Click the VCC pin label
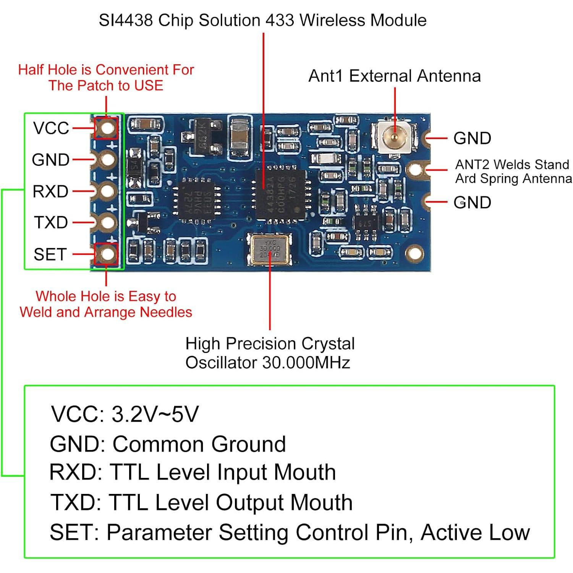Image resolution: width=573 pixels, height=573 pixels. [x=51, y=128]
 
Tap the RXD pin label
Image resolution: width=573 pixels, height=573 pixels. [x=50, y=191]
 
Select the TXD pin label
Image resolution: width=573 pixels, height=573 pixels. [x=51, y=222]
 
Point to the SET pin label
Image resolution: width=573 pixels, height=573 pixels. [x=50, y=254]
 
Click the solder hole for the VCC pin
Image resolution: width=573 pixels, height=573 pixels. [x=107, y=128]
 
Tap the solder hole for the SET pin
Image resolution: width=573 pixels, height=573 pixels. [x=107, y=254]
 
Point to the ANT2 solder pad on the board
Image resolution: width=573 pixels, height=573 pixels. [x=416, y=169]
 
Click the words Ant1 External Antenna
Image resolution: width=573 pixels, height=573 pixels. [x=394, y=76]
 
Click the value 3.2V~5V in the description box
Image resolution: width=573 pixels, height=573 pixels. [x=155, y=414]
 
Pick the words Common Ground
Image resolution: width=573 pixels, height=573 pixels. [x=199, y=444]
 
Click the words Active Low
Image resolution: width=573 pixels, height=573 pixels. [x=475, y=532]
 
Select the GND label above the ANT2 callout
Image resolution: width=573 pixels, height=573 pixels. [x=472, y=138]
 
